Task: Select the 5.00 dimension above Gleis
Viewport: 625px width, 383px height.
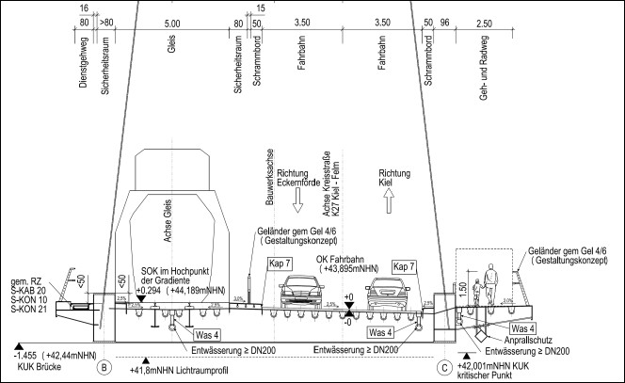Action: [x=171, y=22]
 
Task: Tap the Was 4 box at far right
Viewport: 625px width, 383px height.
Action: [x=524, y=328]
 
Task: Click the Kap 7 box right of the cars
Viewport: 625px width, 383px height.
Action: [x=405, y=265]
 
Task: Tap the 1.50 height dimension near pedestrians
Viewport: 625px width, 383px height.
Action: [x=461, y=285]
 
